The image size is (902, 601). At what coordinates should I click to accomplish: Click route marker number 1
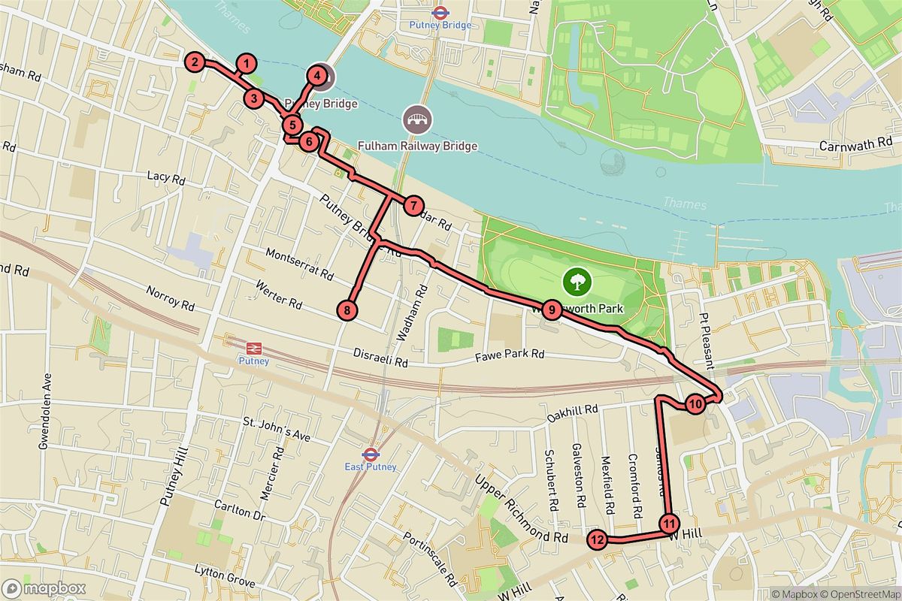[x=247, y=63]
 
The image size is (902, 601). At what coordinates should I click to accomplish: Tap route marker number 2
[x=195, y=62]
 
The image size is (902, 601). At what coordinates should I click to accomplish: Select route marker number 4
[x=317, y=76]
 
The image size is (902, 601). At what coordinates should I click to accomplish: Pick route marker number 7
[x=413, y=205]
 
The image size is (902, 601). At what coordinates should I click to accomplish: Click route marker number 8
[x=347, y=309]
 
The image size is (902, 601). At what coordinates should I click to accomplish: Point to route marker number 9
[x=551, y=309]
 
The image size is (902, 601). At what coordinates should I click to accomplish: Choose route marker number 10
[x=695, y=404]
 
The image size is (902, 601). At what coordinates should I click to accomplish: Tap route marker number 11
[x=669, y=523]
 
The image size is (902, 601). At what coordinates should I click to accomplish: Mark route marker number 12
[x=598, y=539]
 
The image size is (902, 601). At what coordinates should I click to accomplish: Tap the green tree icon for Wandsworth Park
[x=577, y=282]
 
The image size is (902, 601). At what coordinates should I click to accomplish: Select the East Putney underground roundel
[x=370, y=454]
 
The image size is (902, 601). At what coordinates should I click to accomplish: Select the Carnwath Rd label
[x=855, y=145]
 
